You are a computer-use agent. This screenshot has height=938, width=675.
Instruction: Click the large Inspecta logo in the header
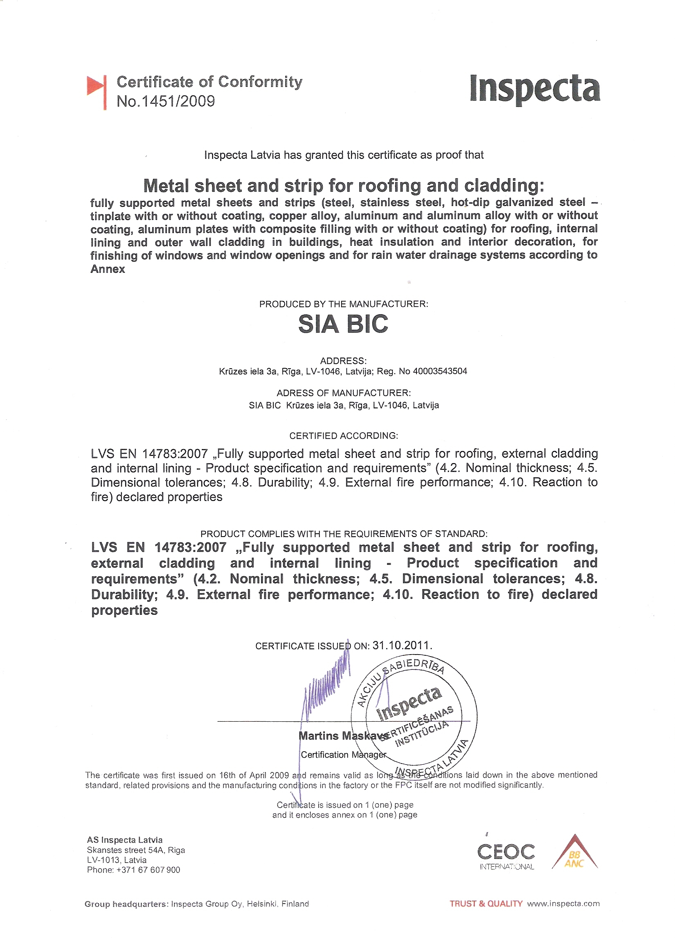click(535, 88)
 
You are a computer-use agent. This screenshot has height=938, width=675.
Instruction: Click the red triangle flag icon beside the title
click(96, 88)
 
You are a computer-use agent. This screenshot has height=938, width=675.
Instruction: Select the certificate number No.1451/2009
click(166, 101)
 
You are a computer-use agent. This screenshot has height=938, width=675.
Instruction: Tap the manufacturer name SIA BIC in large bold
click(343, 324)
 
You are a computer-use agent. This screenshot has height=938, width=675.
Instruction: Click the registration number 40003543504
click(440, 372)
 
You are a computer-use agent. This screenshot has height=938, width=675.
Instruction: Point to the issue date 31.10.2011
click(402, 645)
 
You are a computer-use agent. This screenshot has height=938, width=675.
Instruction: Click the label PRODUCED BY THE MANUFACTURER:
click(344, 304)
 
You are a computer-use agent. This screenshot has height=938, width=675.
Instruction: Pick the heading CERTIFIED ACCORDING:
click(344, 435)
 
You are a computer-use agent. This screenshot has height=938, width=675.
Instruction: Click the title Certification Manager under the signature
click(343, 755)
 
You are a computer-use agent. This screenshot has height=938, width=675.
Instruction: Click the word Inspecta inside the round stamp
click(409, 703)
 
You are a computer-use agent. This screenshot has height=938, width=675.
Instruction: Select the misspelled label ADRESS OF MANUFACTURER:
click(344, 392)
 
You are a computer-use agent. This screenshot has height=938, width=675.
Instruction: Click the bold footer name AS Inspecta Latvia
click(125, 840)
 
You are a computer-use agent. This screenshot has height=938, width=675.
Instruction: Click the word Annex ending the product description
click(108, 269)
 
